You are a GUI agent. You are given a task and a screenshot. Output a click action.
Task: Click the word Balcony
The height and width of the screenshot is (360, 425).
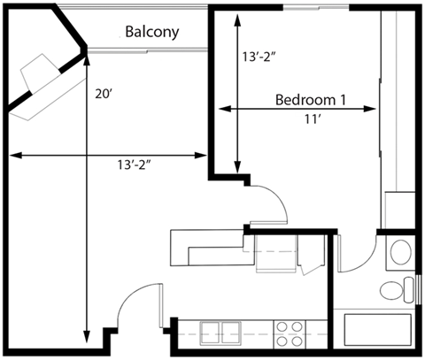pyautogui.click(x=151, y=33)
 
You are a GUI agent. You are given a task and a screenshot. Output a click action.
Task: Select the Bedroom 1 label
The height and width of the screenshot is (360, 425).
pyautogui.click(x=310, y=98)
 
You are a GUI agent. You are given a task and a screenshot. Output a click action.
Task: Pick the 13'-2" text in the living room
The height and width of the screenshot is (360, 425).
pyautogui.click(x=143, y=165)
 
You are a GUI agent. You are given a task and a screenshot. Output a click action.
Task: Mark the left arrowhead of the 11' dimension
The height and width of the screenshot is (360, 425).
pyautogui.click(x=222, y=109)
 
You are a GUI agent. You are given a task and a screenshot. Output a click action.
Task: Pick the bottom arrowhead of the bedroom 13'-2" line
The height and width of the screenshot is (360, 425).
pyautogui.click(x=237, y=171)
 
